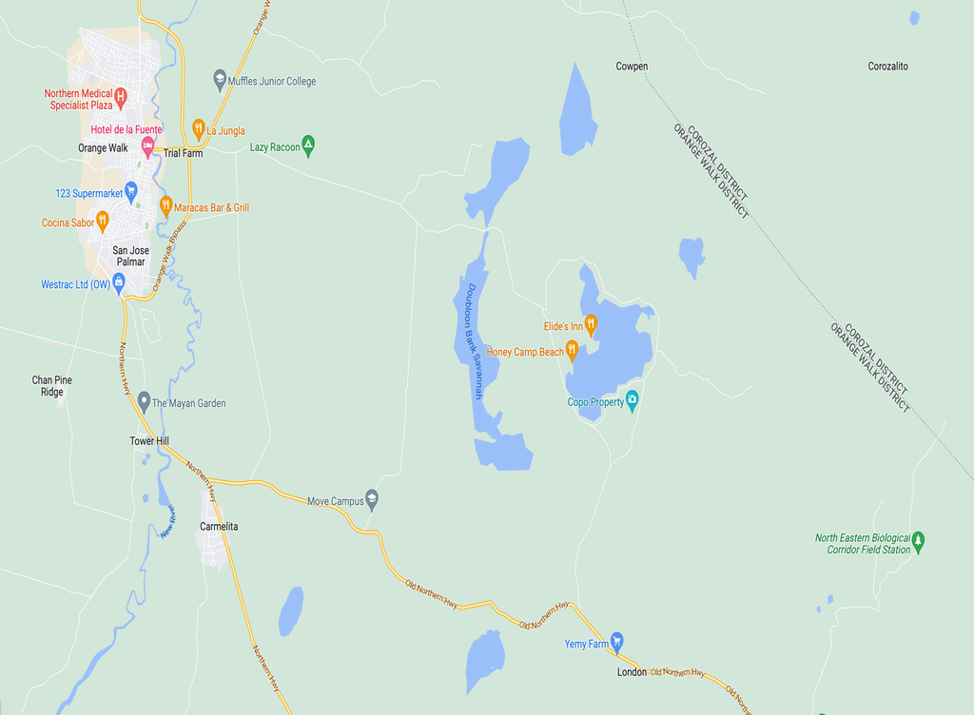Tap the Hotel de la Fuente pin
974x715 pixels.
(x=147, y=145)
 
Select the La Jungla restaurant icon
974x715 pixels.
(x=198, y=127)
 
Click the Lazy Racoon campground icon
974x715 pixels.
(x=308, y=146)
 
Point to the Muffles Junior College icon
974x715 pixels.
(x=220, y=81)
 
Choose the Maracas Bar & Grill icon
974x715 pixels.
(x=166, y=204)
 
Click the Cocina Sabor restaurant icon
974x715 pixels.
(x=103, y=221)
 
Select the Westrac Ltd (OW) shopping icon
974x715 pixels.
(x=119, y=281)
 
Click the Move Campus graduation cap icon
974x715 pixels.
(x=372, y=498)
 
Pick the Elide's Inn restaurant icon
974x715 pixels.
(x=590, y=325)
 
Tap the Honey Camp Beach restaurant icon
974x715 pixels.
(x=572, y=351)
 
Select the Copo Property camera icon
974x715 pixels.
(x=632, y=400)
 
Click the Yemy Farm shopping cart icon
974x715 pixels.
(x=616, y=642)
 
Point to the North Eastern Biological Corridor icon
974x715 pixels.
(x=918, y=542)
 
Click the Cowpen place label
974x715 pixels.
(x=632, y=67)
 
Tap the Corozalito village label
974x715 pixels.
(x=888, y=67)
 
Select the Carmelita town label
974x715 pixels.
(x=219, y=526)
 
